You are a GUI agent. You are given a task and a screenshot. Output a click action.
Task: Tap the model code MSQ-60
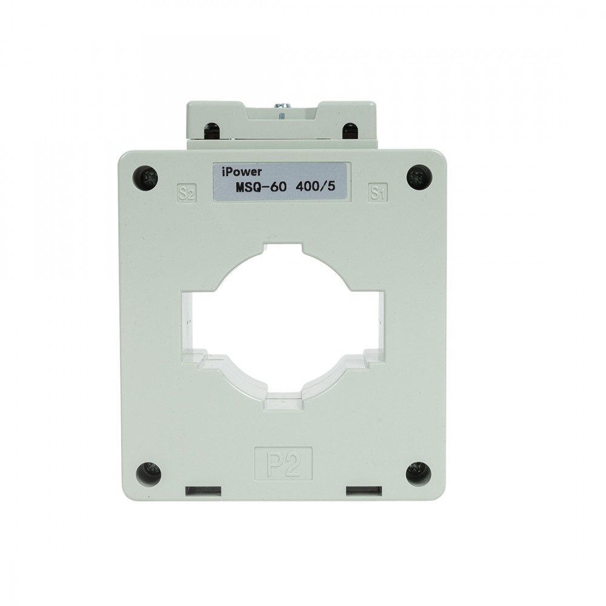pyautogui.click(x=261, y=187)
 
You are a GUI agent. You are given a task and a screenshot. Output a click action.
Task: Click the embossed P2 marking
pyautogui.click(x=283, y=462)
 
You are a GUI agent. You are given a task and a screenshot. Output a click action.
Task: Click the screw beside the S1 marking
pyautogui.click(x=419, y=176)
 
